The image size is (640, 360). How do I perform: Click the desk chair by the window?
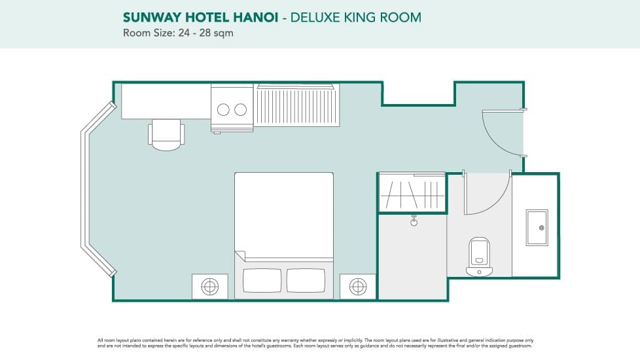pyautogui.click(x=166, y=134)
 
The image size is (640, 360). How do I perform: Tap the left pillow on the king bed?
pyautogui.click(x=262, y=280)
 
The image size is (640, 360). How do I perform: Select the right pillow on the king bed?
pyautogui.click(x=306, y=280)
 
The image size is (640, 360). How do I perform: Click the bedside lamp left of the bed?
pyautogui.click(x=209, y=286)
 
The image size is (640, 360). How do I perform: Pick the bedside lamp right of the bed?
pyautogui.click(x=358, y=286)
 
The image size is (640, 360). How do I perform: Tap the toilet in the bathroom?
pyautogui.click(x=480, y=255)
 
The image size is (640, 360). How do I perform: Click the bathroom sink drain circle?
pyautogui.click(x=542, y=228)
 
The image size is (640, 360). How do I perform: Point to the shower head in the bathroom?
pyautogui.click(x=414, y=221)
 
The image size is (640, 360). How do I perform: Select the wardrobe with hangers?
pyautogui.click(x=412, y=192)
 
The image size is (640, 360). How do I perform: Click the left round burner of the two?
pyautogui.click(x=224, y=109)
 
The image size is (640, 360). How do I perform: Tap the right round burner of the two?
pyautogui.click(x=241, y=109)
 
